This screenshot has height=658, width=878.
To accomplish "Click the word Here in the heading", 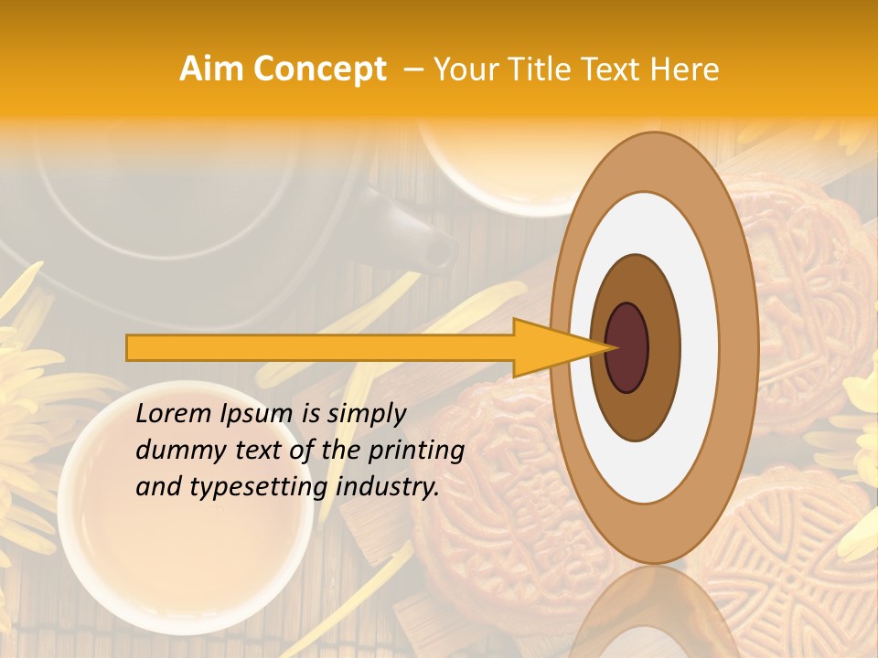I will click(x=684, y=69).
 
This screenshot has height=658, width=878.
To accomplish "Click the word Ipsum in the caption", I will click(x=259, y=414).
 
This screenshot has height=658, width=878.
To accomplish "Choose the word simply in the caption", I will click(x=365, y=414).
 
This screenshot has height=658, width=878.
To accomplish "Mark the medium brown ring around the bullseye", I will click(x=663, y=347).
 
